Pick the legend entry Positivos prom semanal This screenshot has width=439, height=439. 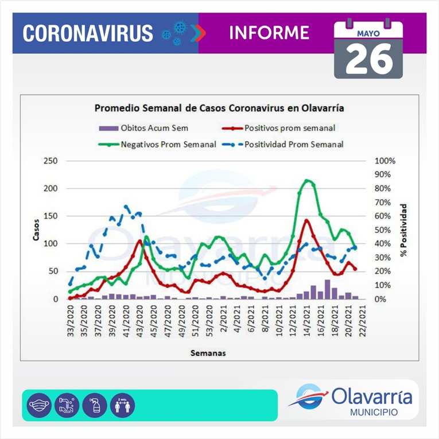click(290, 127)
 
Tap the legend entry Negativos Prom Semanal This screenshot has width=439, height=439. click(168, 145)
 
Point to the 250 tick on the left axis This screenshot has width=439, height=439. click(50, 161)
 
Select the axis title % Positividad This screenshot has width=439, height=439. click(403, 230)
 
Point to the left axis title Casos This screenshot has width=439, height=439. click(36, 230)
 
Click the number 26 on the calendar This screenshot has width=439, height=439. click(369, 58)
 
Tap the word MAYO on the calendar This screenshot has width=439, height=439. click(368, 33)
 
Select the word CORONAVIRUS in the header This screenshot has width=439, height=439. click(88, 33)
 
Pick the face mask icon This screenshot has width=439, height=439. click(38, 405)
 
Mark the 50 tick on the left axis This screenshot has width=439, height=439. click(53, 271)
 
